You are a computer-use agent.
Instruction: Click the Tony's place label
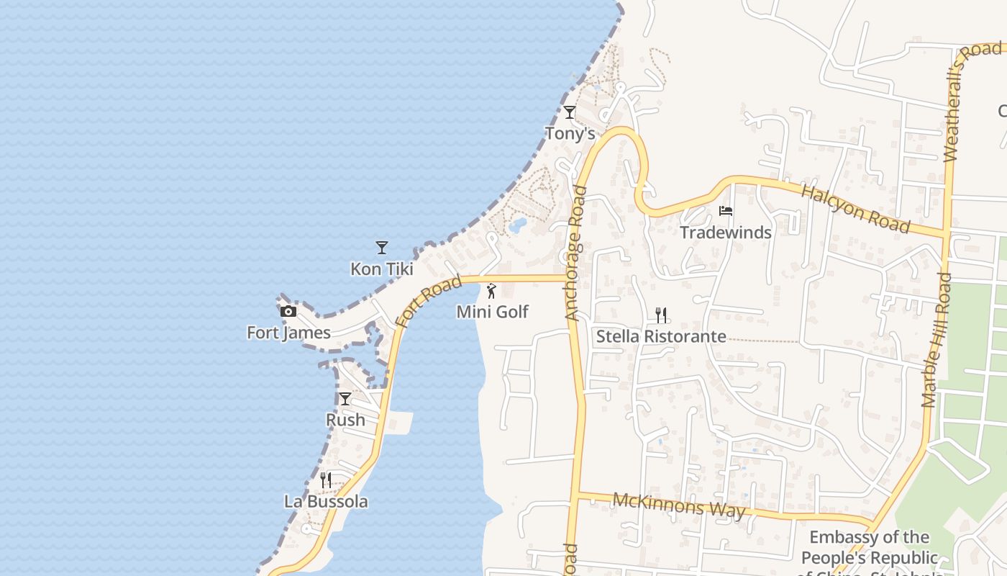(570, 133)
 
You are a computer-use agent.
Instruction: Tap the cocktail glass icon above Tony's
(570, 112)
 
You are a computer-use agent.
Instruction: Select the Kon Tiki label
(382, 269)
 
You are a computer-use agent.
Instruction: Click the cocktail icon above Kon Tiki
(382, 248)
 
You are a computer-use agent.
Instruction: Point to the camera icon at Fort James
(288, 311)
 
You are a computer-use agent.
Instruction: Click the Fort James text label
(288, 332)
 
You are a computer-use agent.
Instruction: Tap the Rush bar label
(345, 420)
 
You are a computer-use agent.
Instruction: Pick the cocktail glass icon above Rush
(345, 399)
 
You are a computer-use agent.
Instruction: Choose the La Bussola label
(326, 502)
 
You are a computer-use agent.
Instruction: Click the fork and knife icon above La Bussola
(326, 480)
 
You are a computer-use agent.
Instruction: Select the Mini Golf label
(493, 312)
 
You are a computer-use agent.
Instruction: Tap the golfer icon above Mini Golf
(492, 291)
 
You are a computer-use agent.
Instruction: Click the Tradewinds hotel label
(726, 232)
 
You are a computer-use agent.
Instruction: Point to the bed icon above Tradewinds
(726, 211)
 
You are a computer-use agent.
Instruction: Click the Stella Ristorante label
(661, 336)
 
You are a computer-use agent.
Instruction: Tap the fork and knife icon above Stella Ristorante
(661, 315)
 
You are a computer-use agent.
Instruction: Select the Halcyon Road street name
(855, 208)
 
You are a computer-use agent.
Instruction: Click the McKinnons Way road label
(679, 505)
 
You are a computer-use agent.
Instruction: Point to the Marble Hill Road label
(936, 340)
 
